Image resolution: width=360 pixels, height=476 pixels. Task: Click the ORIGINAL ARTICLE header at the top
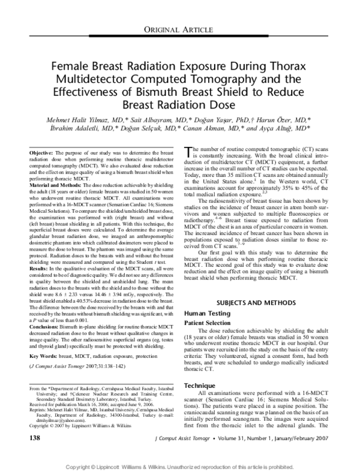[x=179, y=31]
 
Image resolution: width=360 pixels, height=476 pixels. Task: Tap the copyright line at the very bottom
[x=179, y=466]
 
